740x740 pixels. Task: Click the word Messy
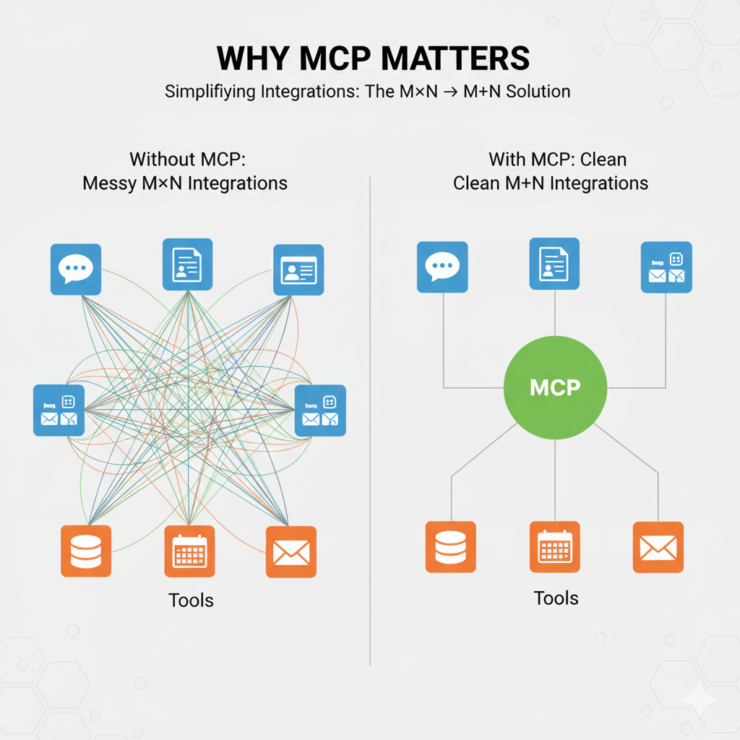point(108,183)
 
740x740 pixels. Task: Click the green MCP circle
point(555,387)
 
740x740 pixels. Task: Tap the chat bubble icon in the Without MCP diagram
point(76,270)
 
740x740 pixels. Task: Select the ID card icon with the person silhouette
point(298,270)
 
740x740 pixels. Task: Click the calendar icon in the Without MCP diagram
point(189,551)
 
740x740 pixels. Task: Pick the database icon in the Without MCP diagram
point(86,551)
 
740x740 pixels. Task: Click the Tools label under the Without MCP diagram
point(191,600)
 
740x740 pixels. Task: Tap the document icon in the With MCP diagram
point(554,264)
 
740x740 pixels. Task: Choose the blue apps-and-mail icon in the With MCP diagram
point(666,267)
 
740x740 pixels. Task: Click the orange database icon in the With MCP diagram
point(450,547)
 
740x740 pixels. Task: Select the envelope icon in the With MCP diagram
point(658,547)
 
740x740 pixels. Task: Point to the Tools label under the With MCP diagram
point(556,598)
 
